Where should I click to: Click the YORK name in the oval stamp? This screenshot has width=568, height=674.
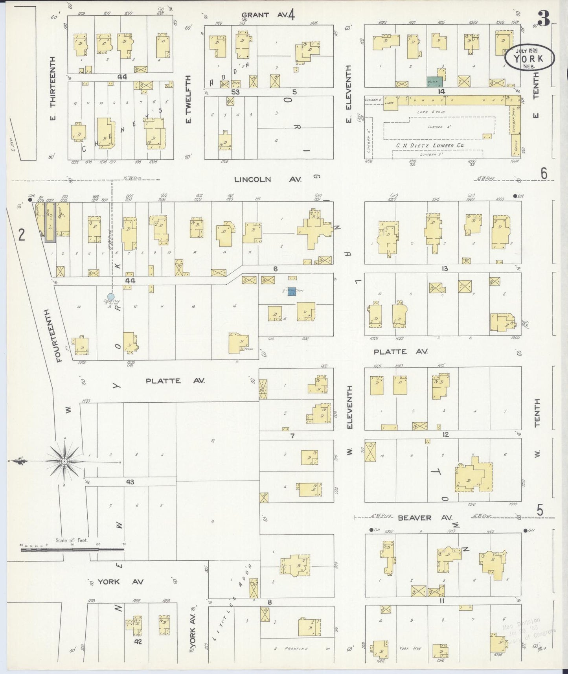pyautogui.click(x=529, y=59)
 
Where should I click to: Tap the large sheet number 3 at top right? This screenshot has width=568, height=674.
pyautogui.click(x=544, y=18)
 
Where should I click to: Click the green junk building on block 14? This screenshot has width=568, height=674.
pyautogui.click(x=435, y=82)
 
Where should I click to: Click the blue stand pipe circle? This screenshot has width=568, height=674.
pyautogui.click(x=111, y=296)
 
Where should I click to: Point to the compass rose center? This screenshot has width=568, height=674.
pyautogui.click(x=64, y=461)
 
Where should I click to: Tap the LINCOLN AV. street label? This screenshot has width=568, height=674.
pyautogui.click(x=268, y=179)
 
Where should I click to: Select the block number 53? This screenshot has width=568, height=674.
pyautogui.click(x=235, y=92)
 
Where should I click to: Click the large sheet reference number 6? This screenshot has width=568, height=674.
pyautogui.click(x=544, y=173)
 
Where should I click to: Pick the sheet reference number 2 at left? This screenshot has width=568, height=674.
pyautogui.click(x=22, y=235)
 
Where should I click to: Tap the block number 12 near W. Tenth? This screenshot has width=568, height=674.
pyautogui.click(x=445, y=435)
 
